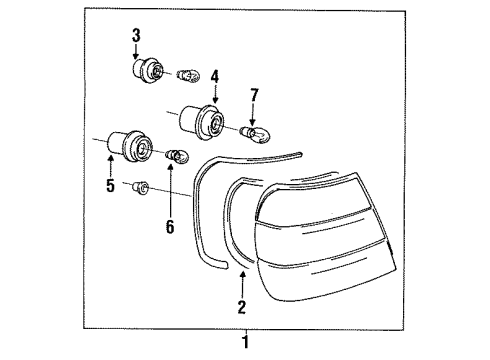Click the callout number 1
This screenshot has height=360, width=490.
click(246, 342)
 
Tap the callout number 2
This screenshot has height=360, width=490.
click(242, 307)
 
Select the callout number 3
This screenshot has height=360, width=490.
click(136, 36)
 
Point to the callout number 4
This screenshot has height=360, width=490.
click(215, 76)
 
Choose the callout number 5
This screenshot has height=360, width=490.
click(111, 185)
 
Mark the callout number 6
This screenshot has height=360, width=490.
click(170, 227)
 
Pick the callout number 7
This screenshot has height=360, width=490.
click(254, 95)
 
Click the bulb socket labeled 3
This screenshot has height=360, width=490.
click(148, 70)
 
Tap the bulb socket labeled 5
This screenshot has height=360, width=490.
click(130, 146)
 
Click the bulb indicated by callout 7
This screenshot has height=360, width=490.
click(256, 133)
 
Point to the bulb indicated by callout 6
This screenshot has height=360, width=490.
click(177, 156)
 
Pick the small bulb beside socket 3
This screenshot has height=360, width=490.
click(188, 76)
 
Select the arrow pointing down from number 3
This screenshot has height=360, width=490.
click(135, 51)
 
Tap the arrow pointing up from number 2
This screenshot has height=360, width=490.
click(243, 284)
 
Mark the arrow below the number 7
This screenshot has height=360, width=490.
click(253, 114)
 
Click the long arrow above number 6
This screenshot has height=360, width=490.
click(170, 191)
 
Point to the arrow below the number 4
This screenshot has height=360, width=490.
click(215, 94)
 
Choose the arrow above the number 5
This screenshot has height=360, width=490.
click(110, 166)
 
